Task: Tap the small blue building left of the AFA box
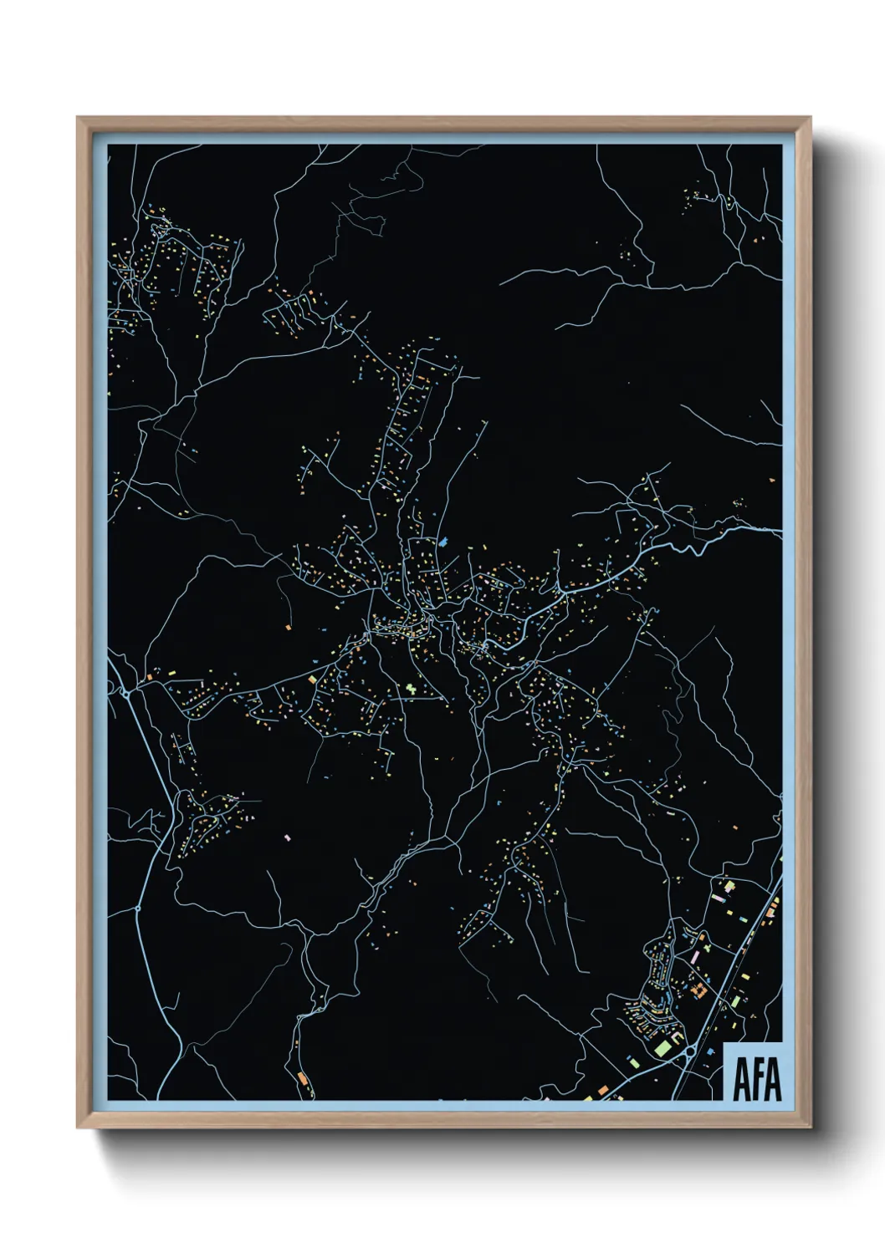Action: pos(709,1050)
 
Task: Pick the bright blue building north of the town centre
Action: pos(442,542)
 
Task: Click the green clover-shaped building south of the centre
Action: pos(411,689)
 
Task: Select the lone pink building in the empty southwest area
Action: pos(287,836)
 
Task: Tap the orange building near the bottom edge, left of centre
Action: pos(301,1078)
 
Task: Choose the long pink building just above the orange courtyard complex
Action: pos(696,953)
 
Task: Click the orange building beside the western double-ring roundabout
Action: pos(149,676)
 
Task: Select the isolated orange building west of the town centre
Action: pos(287,625)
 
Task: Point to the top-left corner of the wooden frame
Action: pos(78,118)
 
